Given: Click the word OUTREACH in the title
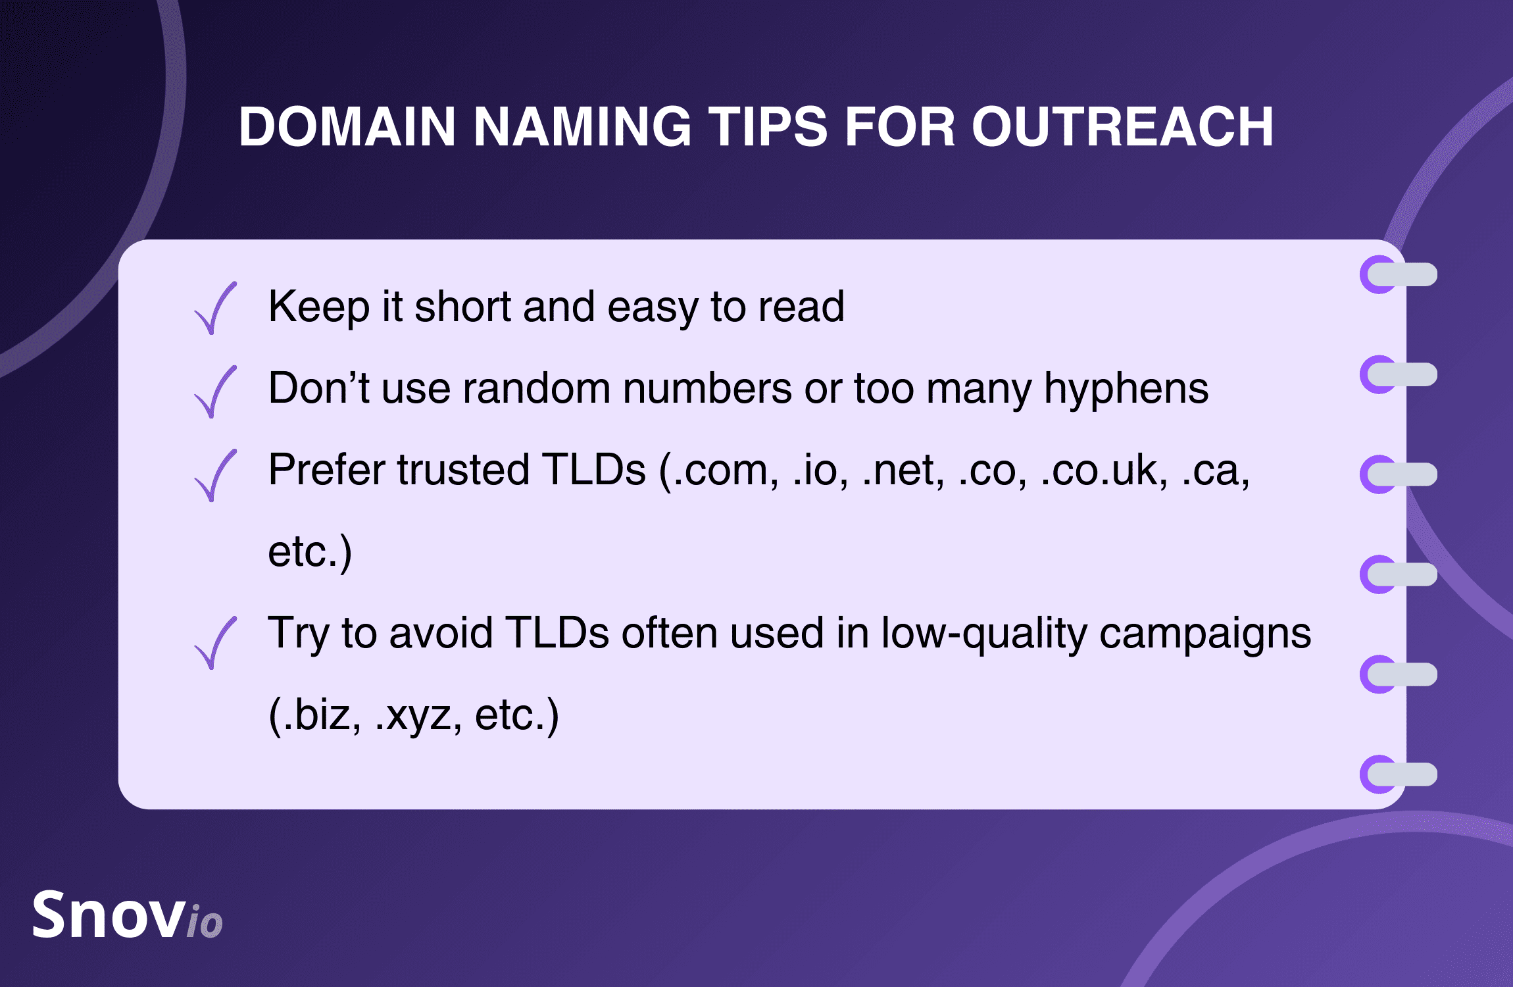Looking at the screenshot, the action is [1122, 126].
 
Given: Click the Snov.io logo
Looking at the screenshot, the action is [128, 914].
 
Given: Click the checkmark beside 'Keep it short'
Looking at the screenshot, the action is [215, 308].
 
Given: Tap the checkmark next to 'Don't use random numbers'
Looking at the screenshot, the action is [215, 392].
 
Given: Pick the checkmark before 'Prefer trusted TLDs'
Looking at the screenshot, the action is [215, 475].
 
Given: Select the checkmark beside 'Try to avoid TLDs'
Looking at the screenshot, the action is [215, 643].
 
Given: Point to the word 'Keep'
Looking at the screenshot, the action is [319, 307].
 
